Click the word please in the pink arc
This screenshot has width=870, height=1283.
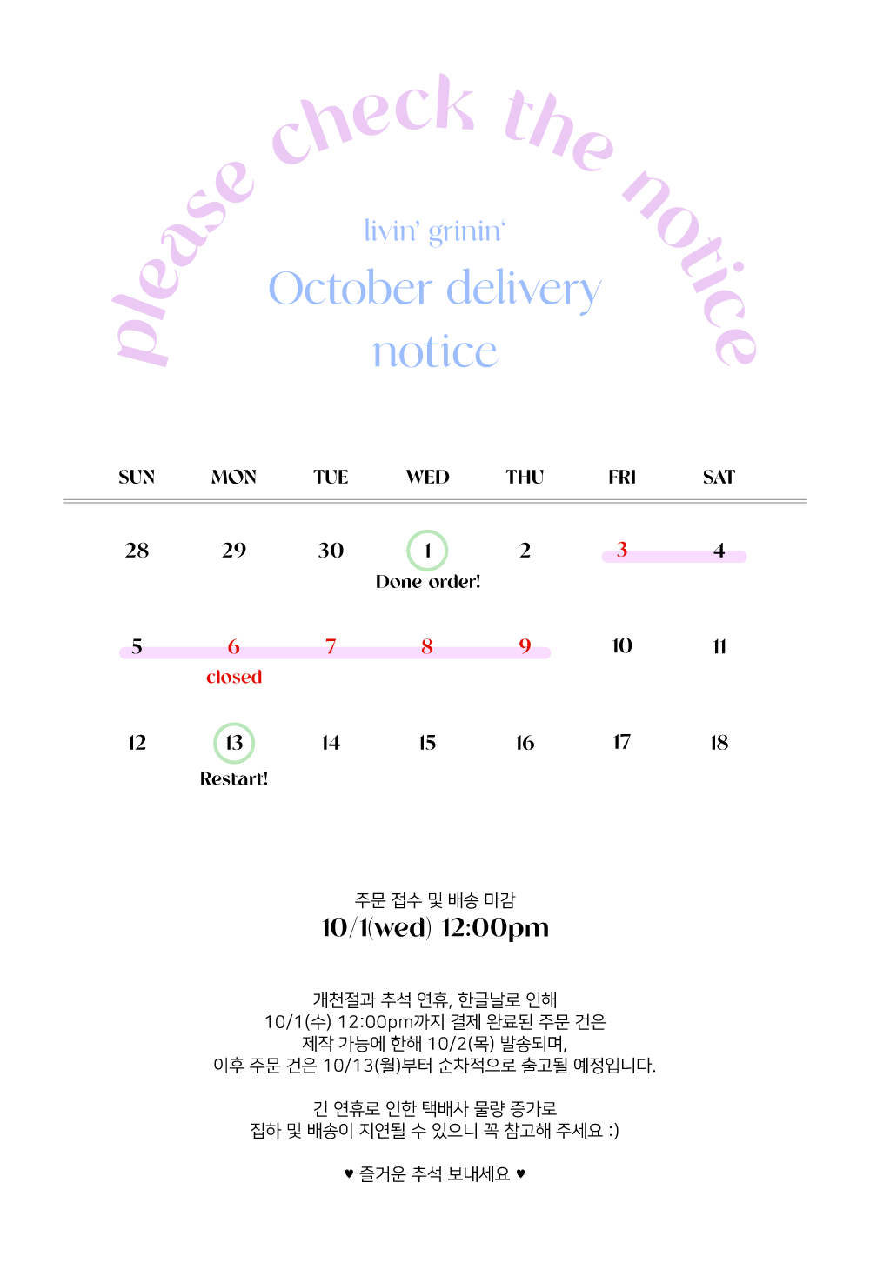click(x=178, y=261)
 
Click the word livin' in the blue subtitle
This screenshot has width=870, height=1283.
click(x=391, y=231)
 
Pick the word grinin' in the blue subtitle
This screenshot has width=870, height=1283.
click(x=467, y=232)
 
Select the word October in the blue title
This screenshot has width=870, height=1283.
click(x=350, y=289)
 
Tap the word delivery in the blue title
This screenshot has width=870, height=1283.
click(x=523, y=290)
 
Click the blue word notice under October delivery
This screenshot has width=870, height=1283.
click(x=435, y=352)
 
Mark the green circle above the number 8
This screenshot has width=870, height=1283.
click(x=427, y=551)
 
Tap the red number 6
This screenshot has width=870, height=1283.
click(x=233, y=645)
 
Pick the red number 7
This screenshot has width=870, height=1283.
click(x=331, y=645)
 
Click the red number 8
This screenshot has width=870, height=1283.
click(x=427, y=645)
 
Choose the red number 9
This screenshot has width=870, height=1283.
click(x=525, y=645)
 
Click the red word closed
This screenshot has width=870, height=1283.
click(x=234, y=677)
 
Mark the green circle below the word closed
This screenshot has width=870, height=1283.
click(x=234, y=744)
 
